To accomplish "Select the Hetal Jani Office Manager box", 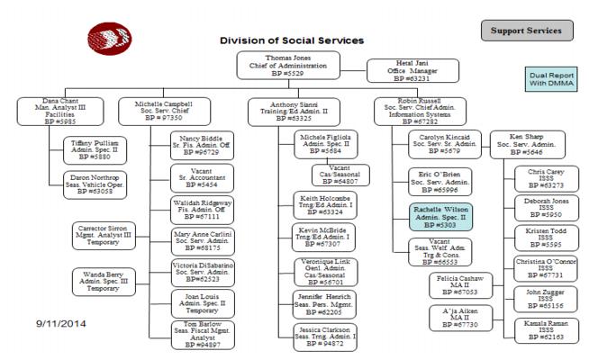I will [x=402, y=71].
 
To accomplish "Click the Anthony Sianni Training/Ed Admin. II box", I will [x=287, y=112].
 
